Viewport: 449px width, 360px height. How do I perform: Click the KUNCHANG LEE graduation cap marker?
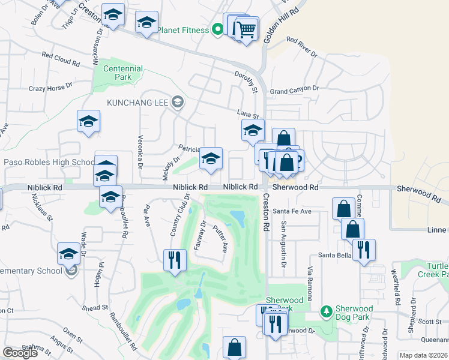(177, 102)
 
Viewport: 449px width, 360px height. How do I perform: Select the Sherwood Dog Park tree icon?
(326, 311)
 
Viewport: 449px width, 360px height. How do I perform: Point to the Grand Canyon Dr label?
(295, 90)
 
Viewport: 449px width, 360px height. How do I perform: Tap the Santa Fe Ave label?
(292, 211)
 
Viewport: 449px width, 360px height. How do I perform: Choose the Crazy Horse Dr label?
(50, 88)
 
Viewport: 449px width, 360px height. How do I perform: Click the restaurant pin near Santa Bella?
(364, 249)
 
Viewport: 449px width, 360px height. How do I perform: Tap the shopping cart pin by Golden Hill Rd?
(246, 28)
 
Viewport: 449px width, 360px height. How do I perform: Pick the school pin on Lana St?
(253, 129)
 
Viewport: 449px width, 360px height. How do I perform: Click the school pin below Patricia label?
(211, 158)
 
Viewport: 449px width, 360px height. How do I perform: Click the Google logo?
(20, 353)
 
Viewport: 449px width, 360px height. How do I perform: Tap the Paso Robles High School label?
(49, 163)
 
